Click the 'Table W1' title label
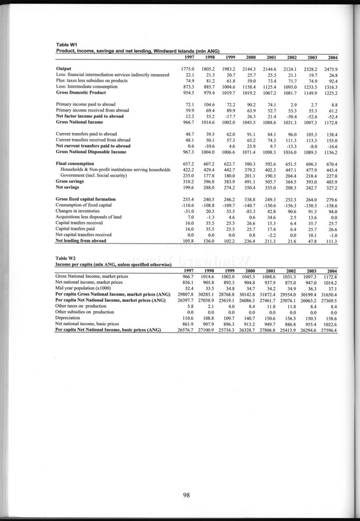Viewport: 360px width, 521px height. click(66, 45)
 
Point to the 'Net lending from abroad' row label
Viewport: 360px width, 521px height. click(84, 241)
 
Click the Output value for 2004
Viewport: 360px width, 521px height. click(329, 69)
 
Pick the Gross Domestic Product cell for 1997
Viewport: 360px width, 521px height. click(187, 92)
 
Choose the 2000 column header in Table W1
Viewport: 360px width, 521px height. click(249, 57)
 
